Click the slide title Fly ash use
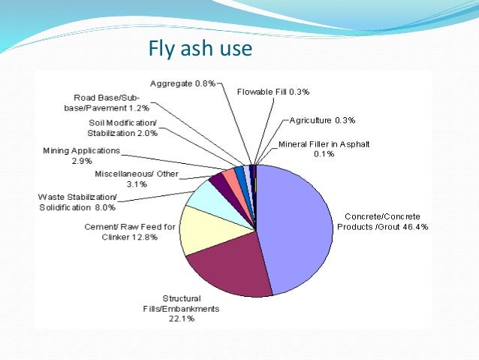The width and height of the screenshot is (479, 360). [x=201, y=50]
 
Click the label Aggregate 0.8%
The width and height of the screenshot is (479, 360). [x=182, y=84]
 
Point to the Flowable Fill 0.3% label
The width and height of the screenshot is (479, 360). [x=273, y=92]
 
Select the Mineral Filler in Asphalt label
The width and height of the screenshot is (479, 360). [x=324, y=149]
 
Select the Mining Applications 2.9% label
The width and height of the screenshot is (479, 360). [x=81, y=156]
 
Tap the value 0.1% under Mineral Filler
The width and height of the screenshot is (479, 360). [x=324, y=155]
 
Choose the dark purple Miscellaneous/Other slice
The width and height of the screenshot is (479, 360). [x=218, y=180]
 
